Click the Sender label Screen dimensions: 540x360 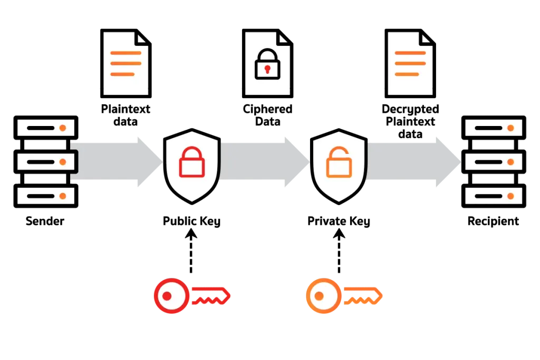45,221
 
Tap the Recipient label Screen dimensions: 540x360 493,221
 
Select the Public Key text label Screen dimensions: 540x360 191,221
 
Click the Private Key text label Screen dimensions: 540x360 339,221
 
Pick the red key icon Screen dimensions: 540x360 192,296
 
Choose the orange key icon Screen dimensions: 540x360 344,296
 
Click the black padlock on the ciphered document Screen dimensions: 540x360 267,64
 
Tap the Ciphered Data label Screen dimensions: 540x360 267,115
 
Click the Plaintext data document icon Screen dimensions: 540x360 126,63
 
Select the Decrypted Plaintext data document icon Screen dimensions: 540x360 410,63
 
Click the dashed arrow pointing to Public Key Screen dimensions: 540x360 191,251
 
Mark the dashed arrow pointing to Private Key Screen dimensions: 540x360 339,251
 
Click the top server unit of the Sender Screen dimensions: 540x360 46,128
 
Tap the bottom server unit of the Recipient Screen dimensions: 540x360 494,196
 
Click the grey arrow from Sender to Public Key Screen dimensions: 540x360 117,162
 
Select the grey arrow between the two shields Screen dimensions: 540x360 265,162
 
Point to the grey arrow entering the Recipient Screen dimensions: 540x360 414,162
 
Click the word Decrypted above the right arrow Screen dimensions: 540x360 410,110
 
